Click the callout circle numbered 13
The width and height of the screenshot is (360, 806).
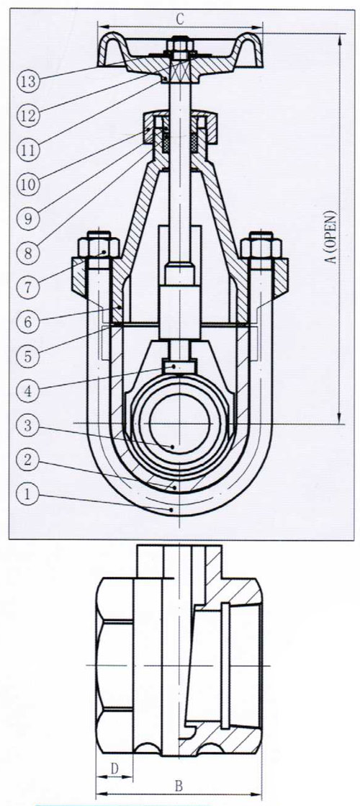(28, 81)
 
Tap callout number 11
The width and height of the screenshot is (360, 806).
(28, 149)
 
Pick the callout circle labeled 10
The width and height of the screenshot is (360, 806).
(28, 182)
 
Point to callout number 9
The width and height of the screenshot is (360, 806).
(28, 218)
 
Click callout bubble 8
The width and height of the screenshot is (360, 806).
(28, 253)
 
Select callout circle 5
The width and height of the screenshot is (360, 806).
(28, 354)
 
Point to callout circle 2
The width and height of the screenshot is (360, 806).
(28, 459)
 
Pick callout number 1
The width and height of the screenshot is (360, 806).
(28, 495)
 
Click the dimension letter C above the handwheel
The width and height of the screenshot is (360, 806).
(180, 19)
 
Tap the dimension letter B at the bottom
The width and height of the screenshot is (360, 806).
(179, 785)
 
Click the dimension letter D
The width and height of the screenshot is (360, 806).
(115, 769)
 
